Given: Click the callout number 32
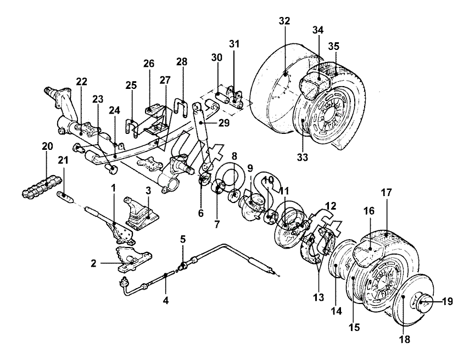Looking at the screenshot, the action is point(284,21).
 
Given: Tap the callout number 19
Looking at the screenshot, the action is point(447,302).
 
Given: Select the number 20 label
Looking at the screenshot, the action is point(47,146).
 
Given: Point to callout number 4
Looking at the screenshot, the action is point(166,300).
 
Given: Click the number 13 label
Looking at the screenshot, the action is point(318,297).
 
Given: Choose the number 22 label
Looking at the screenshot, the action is point(81,81).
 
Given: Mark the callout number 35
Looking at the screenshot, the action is point(333,46).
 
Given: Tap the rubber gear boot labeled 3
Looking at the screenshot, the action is point(141,213).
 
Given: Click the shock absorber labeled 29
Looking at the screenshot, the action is point(200,137).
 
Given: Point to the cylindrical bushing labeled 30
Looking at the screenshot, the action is point(222,98).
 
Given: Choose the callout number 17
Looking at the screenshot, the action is point(387,192).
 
